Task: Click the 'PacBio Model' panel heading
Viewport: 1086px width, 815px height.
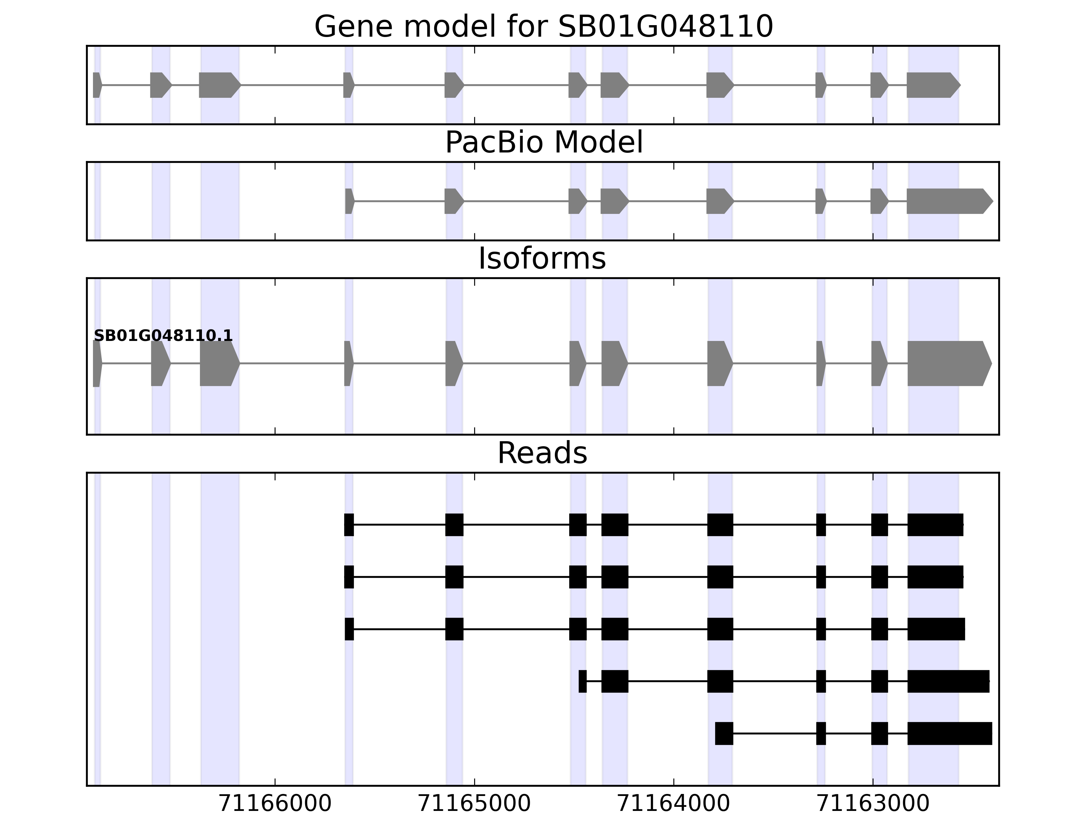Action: [x=543, y=143]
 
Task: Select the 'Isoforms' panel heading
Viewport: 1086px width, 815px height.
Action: [x=542, y=258]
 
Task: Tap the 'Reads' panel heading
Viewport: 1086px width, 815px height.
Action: [x=542, y=453]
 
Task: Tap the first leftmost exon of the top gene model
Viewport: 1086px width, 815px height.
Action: [x=97, y=85]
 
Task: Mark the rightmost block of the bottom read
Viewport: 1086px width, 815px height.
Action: [x=949, y=733]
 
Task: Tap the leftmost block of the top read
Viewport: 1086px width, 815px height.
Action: [x=349, y=525]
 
